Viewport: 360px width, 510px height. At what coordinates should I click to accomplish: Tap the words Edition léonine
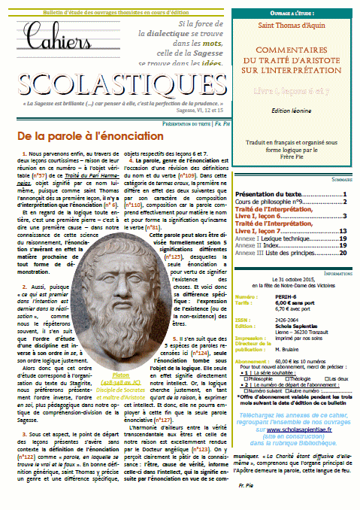pos(296,100)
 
